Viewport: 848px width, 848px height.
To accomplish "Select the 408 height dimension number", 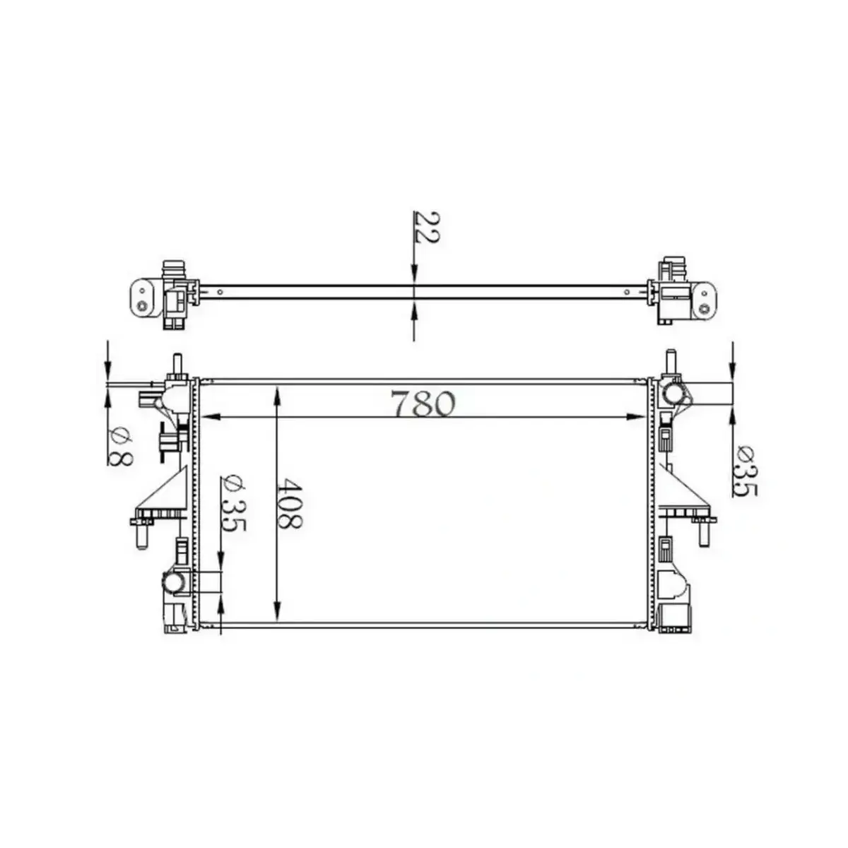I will tap(290, 504).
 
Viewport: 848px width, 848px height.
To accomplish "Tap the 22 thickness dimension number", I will tap(426, 226).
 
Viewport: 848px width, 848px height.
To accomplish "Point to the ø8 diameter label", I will tap(121, 447).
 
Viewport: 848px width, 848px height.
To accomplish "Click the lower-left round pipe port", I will tap(174, 582).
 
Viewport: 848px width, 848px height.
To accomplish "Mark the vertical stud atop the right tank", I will tap(670, 363).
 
